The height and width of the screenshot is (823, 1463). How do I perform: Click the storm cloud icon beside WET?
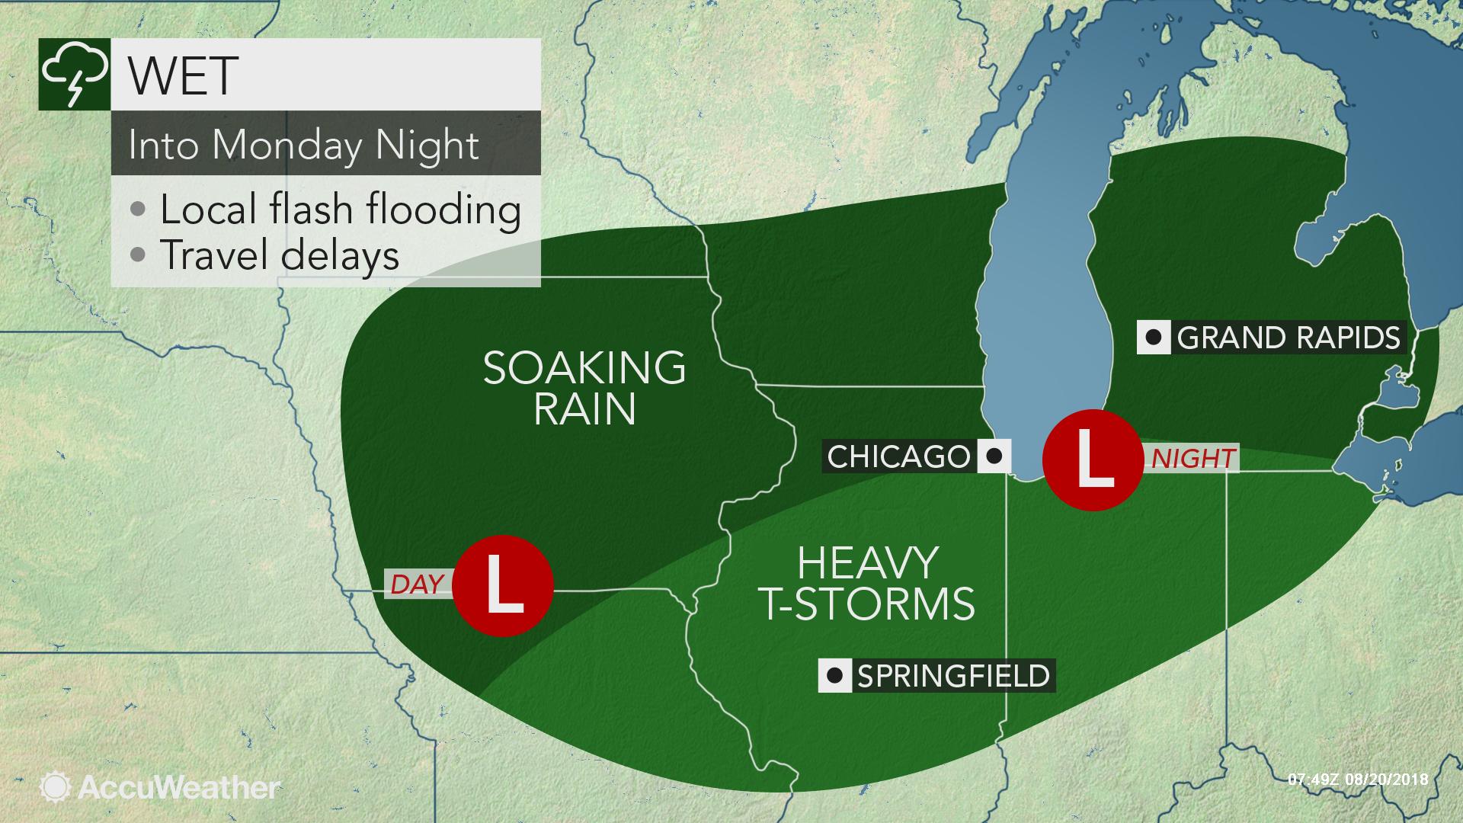click(75, 75)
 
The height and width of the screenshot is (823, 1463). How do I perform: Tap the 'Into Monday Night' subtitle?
click(303, 145)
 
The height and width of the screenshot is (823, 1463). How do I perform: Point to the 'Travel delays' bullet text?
click(279, 255)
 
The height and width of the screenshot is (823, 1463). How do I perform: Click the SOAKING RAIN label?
click(584, 388)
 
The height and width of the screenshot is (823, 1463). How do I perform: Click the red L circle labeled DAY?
click(502, 587)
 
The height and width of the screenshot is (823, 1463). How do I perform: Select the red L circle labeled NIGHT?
click(1092, 460)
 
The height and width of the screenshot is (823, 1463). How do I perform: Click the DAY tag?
click(417, 584)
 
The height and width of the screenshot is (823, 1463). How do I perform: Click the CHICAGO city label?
click(898, 456)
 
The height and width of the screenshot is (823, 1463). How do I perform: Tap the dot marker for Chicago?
click(994, 456)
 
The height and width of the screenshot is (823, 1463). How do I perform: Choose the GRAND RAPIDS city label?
click(1289, 338)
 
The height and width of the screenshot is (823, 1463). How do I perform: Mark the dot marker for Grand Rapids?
click(1154, 338)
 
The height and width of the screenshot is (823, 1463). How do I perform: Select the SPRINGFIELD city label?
click(953, 676)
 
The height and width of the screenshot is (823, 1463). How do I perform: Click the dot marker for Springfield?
click(835, 676)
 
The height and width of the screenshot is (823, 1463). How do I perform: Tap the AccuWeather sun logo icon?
click(56, 787)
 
